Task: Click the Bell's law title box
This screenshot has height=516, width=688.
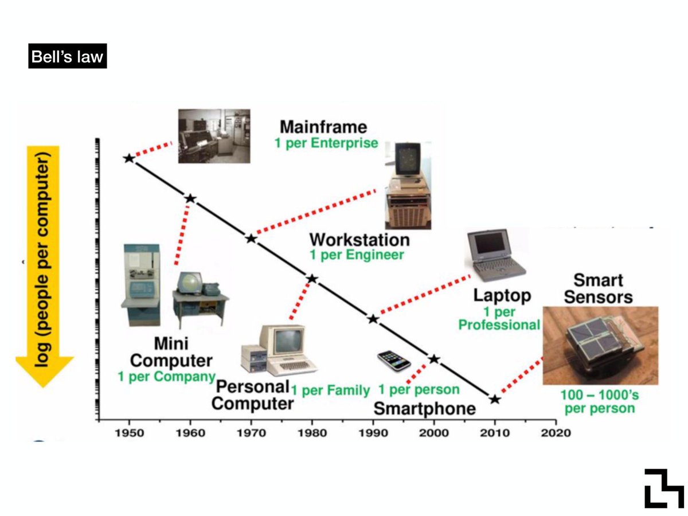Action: [67, 58]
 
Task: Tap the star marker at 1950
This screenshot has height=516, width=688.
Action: [129, 158]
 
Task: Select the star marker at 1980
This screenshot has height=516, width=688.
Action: [312, 279]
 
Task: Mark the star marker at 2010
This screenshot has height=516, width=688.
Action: [495, 399]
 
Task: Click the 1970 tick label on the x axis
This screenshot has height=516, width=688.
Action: [251, 432]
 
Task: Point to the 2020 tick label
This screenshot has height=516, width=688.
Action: [556, 432]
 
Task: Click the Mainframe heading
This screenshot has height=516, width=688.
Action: [323, 126]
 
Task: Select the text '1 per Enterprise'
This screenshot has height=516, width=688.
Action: [326, 143]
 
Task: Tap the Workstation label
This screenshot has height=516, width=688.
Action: [359, 239]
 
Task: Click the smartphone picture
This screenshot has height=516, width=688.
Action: [394, 360]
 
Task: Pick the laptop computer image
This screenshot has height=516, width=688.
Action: [496, 255]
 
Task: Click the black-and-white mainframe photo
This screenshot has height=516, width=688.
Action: [214, 136]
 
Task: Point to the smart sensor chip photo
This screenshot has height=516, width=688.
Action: [600, 345]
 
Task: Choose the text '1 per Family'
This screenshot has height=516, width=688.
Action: [330, 391]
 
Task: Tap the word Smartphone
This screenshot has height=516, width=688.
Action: [424, 408]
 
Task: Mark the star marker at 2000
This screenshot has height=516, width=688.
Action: [434, 359]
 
